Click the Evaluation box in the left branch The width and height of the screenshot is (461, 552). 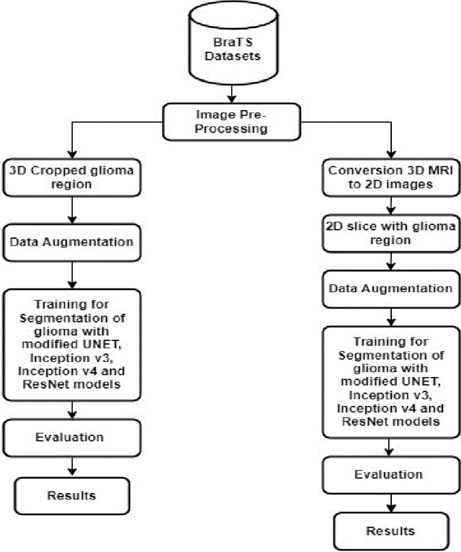tap(70, 437)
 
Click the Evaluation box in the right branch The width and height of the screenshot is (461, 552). tap(390, 474)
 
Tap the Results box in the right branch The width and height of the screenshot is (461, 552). tap(390, 530)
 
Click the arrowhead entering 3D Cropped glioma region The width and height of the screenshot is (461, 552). tap(71, 158)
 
